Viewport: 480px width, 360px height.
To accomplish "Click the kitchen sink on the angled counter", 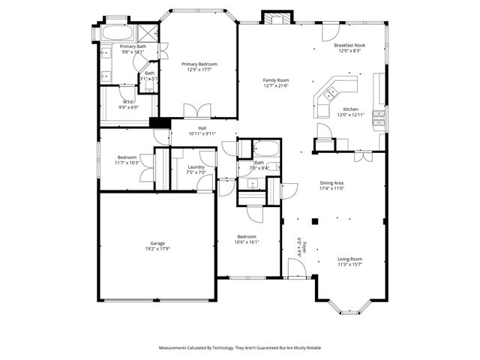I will coord(331,94).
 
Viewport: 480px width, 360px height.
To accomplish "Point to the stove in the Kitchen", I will coord(379,116).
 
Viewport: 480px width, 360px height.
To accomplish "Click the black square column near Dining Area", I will coord(316,221).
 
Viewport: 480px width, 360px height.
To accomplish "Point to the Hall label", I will coord(202,128).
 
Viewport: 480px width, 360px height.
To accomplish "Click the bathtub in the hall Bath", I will coord(264,147).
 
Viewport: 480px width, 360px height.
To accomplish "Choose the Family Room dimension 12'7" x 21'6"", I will coord(276,85).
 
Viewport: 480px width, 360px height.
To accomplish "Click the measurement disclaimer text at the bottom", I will coord(240,348).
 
